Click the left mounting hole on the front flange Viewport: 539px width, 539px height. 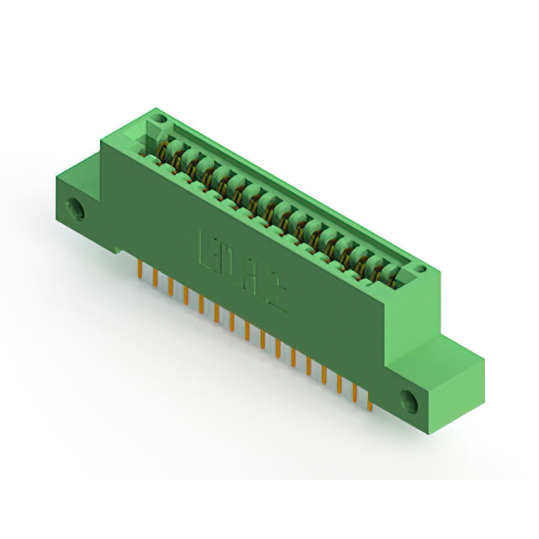pyautogui.click(x=78, y=206)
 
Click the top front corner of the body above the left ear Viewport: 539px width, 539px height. pyautogui.click(x=104, y=143)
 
